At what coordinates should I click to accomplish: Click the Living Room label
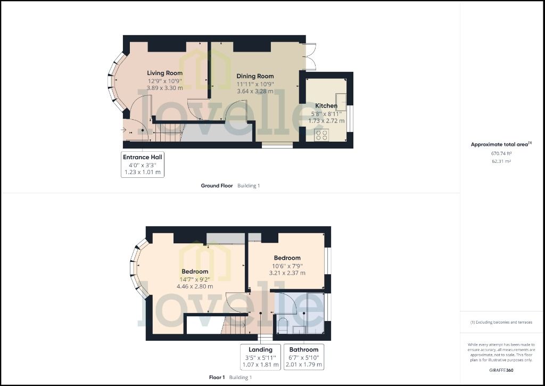(164, 73)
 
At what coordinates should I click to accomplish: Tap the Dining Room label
(254, 76)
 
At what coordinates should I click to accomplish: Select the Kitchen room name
(326, 106)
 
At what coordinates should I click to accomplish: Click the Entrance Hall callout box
(143, 165)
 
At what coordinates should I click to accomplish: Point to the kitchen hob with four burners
(321, 135)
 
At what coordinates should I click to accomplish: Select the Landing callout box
(260, 357)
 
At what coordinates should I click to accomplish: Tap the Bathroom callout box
(303, 357)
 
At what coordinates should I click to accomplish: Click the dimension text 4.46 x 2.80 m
(195, 286)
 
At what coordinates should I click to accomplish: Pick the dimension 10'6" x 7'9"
(287, 266)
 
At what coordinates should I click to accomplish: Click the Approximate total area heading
(501, 144)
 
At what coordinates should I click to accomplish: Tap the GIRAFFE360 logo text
(501, 369)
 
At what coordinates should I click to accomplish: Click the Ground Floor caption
(217, 186)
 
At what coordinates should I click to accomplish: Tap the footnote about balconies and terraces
(501, 322)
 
